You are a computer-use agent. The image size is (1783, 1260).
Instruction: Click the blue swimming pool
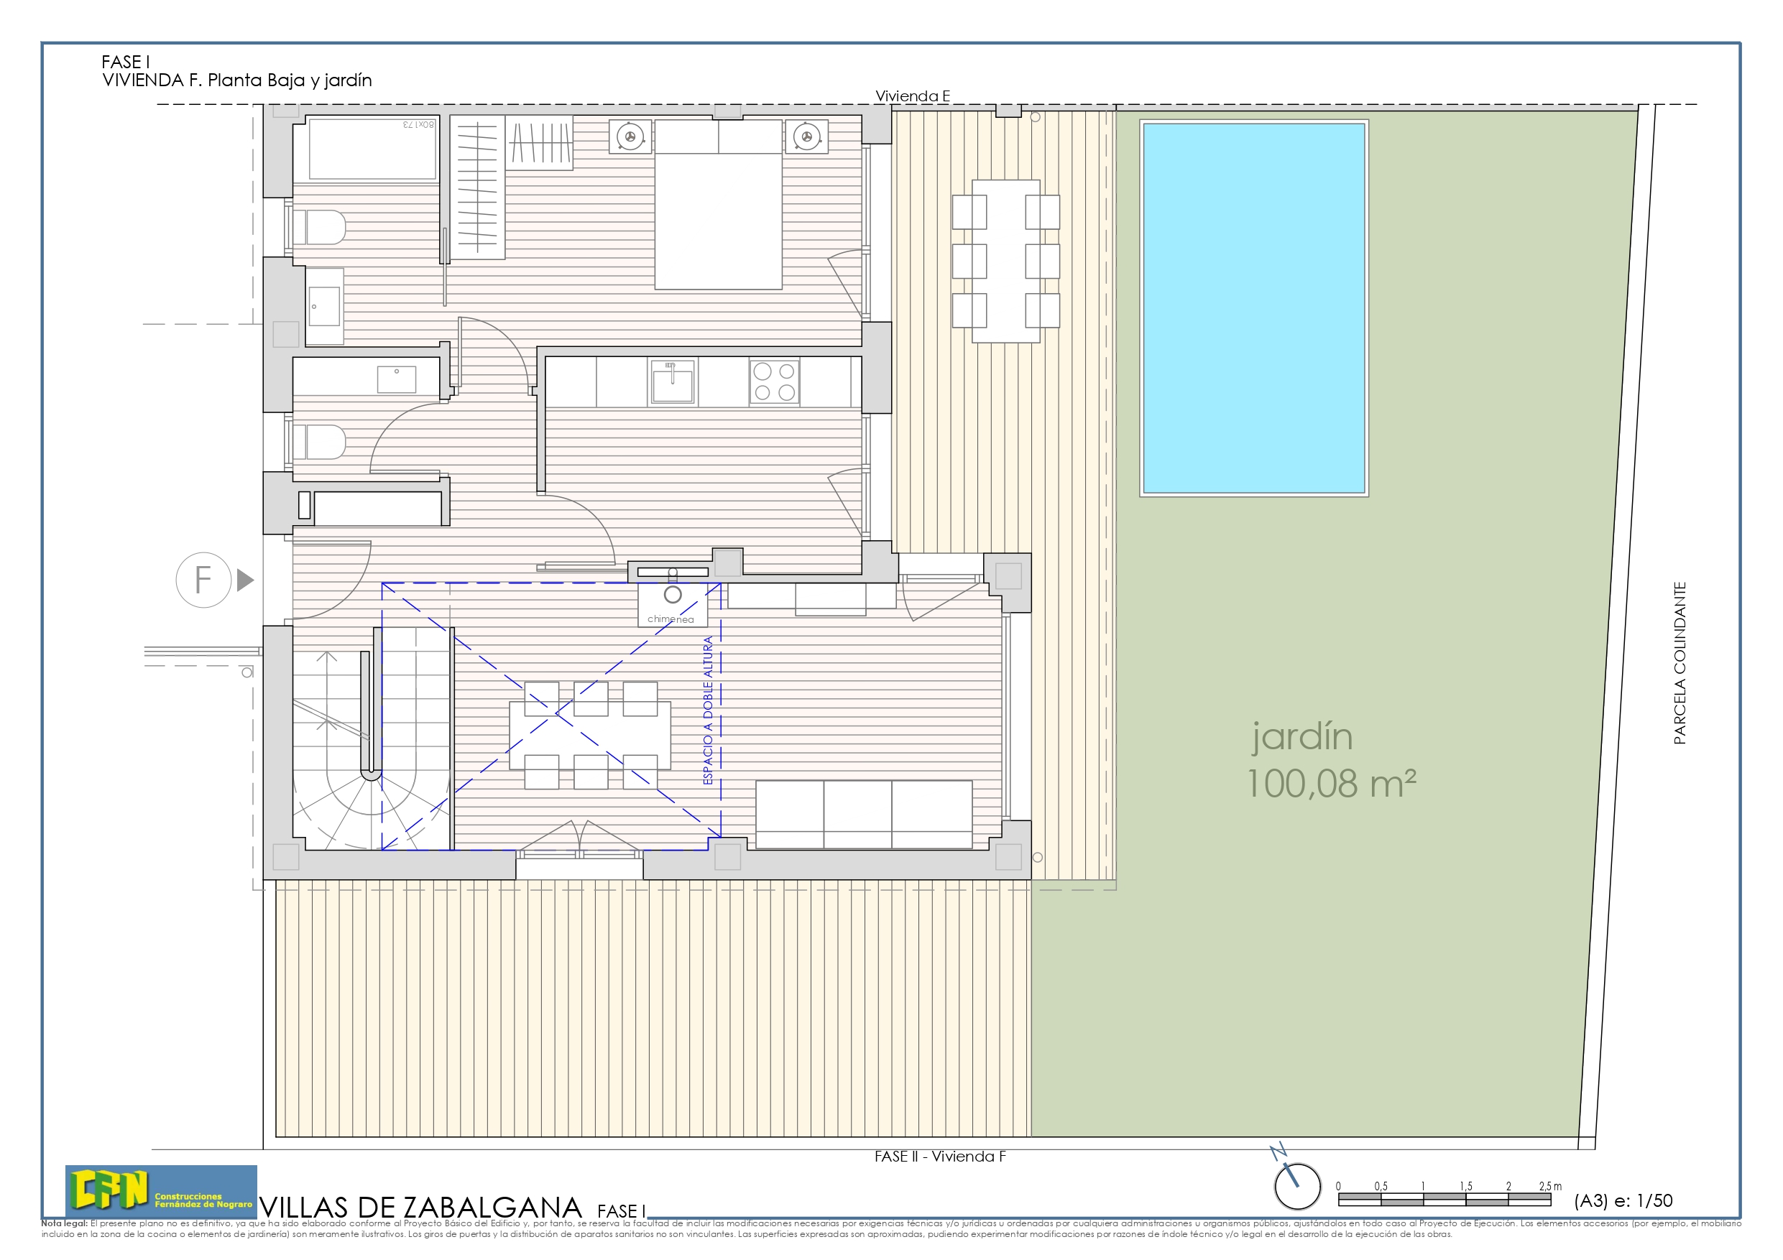coord(1253,307)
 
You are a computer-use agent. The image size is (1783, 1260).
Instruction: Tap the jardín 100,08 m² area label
coord(1330,760)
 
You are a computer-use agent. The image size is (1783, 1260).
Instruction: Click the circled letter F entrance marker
coord(203,580)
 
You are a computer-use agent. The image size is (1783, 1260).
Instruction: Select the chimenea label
coord(671,619)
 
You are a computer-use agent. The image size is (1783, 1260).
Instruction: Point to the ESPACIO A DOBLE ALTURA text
coord(707,710)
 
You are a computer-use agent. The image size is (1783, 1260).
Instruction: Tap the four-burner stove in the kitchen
coord(773,382)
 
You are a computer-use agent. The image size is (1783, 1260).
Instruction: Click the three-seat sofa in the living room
coord(863,815)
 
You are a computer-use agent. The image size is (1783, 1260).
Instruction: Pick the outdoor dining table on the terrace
coord(1005,261)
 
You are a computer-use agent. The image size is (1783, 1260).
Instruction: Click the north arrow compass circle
coord(1297,1186)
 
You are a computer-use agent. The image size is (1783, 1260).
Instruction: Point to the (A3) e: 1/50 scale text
coord(1623,1201)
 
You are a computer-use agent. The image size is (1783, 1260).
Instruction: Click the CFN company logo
coord(161,1191)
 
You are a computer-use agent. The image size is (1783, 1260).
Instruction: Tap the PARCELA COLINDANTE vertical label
coord(1680,663)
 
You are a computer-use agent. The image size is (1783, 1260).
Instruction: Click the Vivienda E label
coord(913,96)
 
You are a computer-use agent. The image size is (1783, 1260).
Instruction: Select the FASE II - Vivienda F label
coord(939,1157)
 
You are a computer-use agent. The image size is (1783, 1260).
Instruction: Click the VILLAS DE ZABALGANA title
coord(421,1208)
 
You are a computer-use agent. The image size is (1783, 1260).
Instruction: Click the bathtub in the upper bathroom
coord(372,148)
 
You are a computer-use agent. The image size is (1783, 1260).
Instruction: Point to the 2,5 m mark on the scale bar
coord(1550,1186)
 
